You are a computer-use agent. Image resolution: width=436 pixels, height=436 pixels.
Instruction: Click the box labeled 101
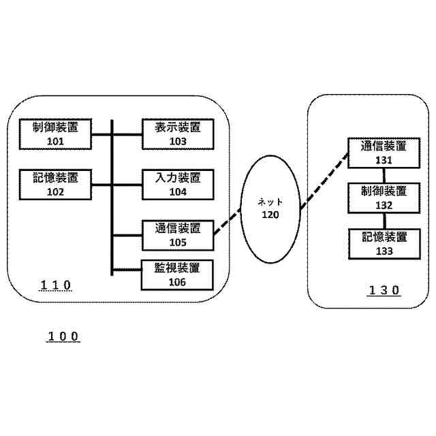pyautogui.click(x=56, y=134)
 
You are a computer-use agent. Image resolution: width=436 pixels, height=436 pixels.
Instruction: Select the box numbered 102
pyautogui.click(x=56, y=185)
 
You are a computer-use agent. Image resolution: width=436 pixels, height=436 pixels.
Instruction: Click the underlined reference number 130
pyautogui.click(x=384, y=290)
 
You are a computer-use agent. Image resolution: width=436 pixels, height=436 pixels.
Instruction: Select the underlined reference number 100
pyautogui.click(x=63, y=337)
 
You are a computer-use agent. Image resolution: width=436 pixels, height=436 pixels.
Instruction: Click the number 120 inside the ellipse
pyautogui.click(x=270, y=215)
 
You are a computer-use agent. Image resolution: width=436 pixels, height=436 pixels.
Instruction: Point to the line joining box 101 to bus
pyautogui.click(x=102, y=134)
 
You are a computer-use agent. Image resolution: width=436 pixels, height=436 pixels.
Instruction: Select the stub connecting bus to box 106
pyautogui.click(x=126, y=270)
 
